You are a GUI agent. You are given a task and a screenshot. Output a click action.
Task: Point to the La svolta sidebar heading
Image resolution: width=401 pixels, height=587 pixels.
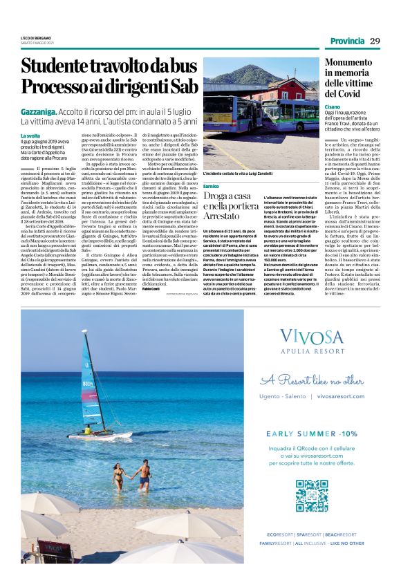pos(30,136)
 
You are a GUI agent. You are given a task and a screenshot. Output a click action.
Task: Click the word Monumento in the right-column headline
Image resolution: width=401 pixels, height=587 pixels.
pos(353,62)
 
